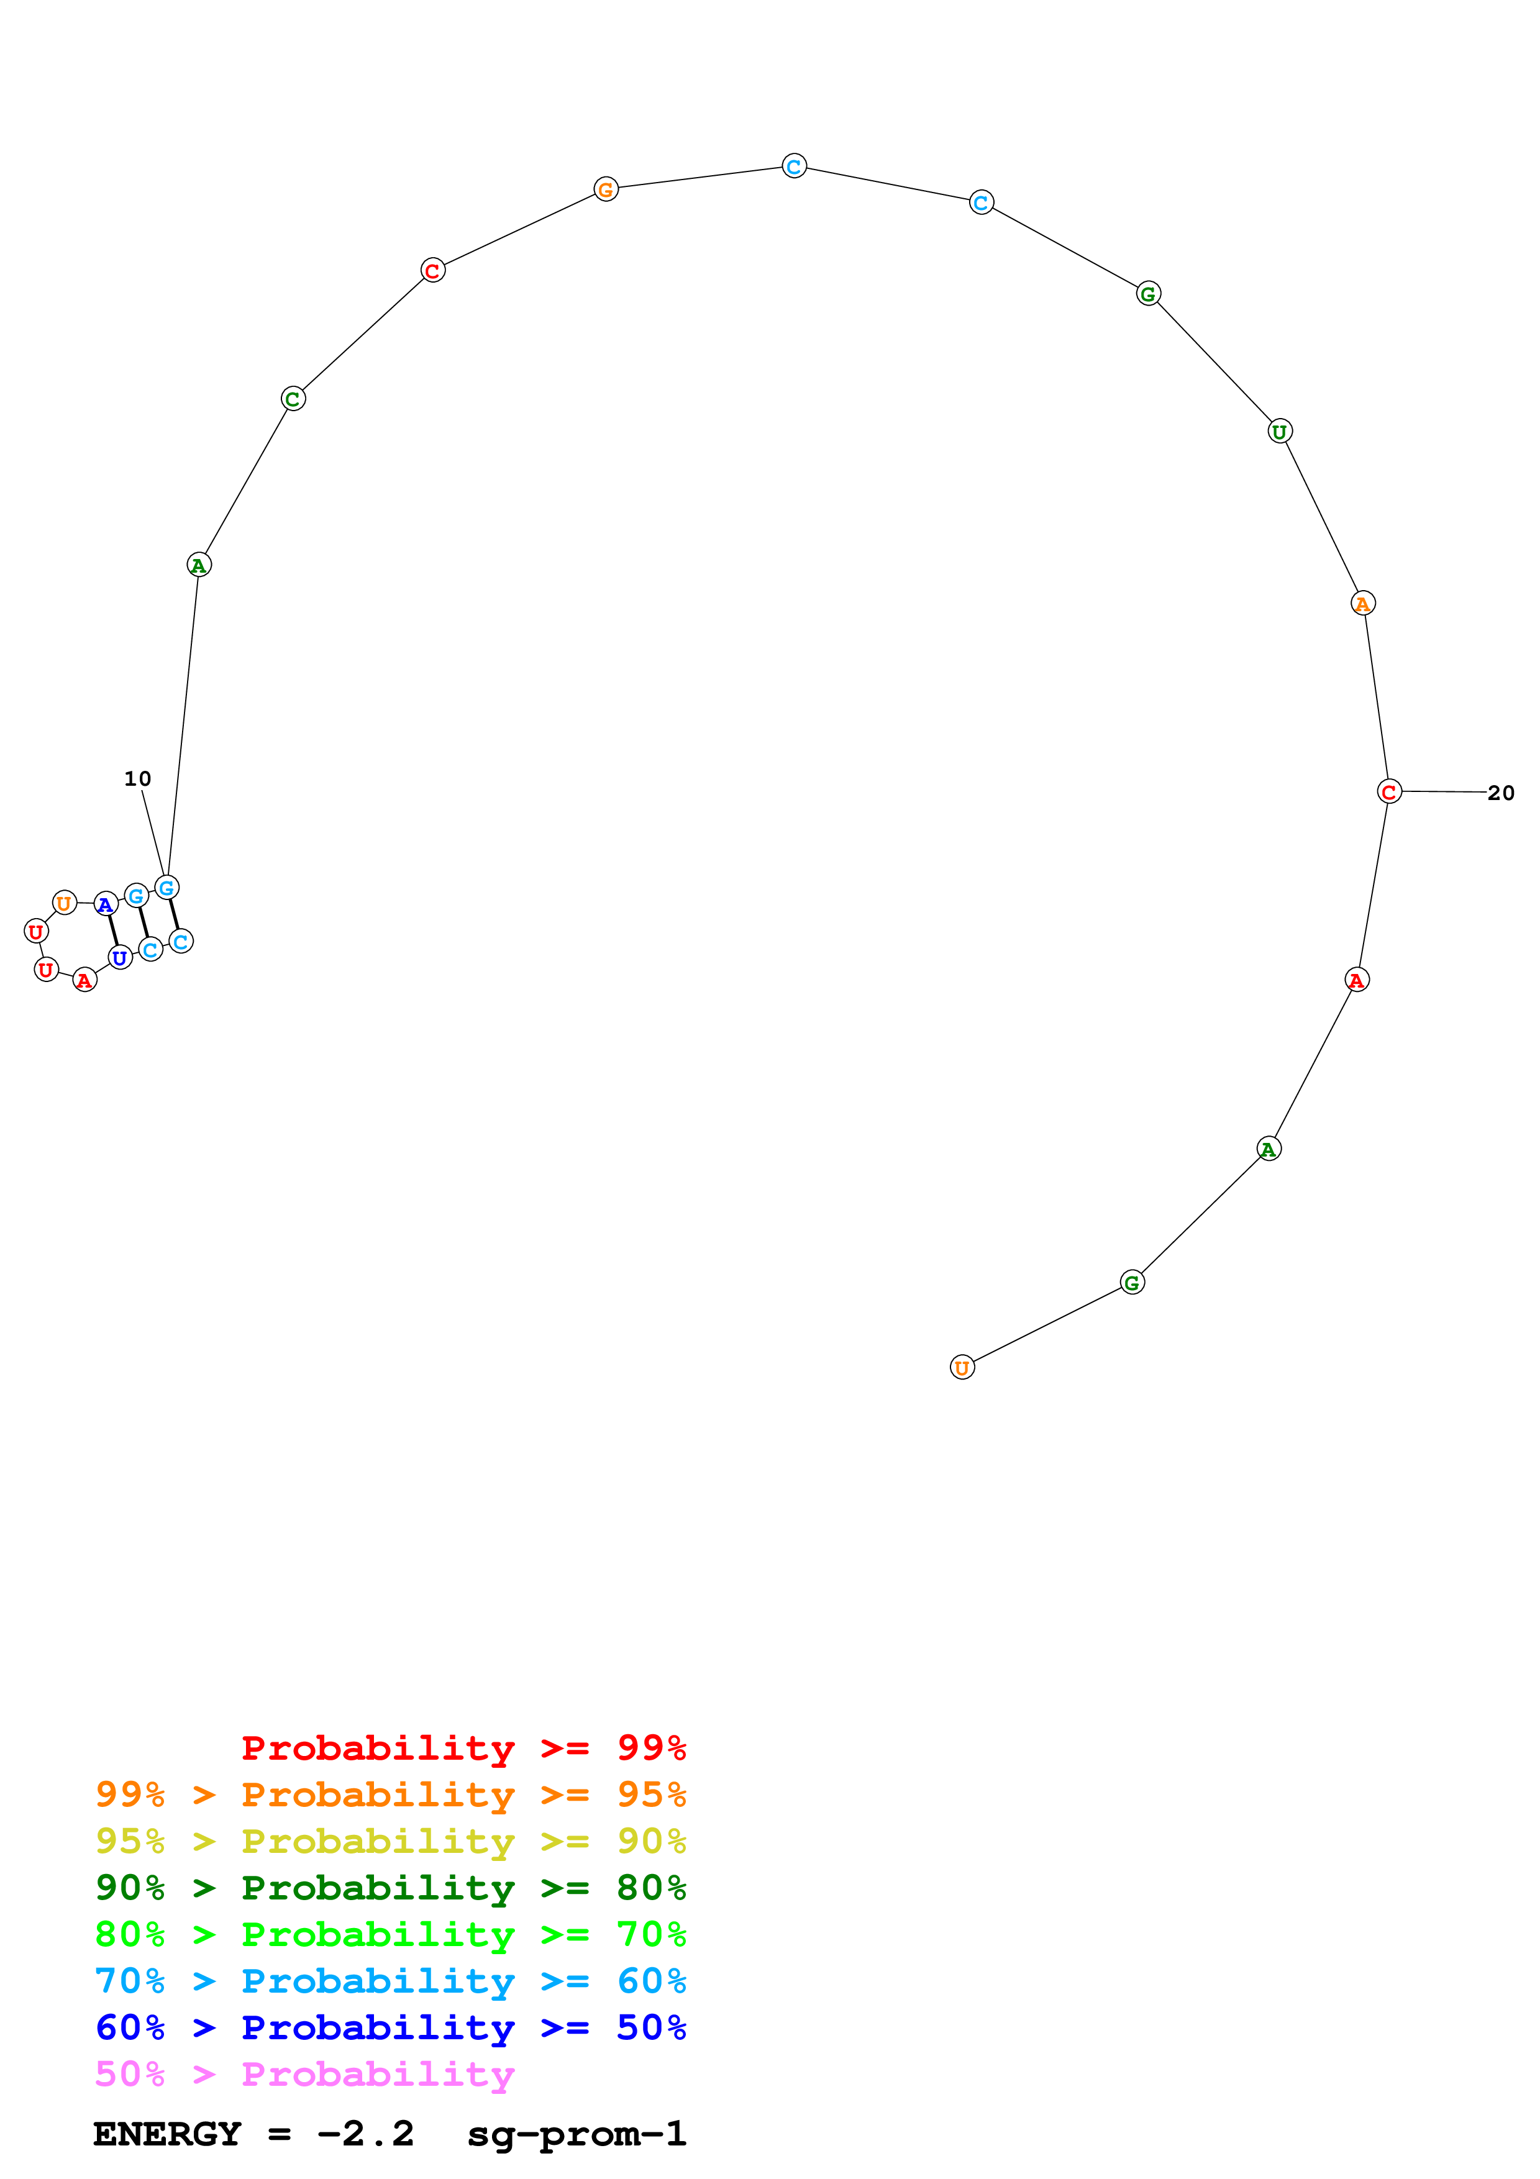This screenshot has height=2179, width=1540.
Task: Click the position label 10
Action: click(137, 779)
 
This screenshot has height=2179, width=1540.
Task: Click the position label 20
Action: click(1500, 793)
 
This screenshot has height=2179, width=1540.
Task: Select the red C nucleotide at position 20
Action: click(1388, 791)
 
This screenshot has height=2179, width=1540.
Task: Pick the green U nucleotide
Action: click(1279, 432)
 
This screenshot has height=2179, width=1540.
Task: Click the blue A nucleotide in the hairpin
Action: click(106, 904)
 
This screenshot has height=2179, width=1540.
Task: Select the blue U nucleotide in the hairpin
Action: click(119, 958)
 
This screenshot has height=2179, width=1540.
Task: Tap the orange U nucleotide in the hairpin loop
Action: click(63, 903)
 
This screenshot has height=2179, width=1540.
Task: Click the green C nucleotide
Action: click(293, 399)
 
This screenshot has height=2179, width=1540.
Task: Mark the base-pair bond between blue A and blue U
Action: click(113, 931)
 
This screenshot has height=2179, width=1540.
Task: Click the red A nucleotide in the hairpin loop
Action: click(84, 980)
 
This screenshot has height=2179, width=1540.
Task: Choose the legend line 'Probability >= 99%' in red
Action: click(463, 1748)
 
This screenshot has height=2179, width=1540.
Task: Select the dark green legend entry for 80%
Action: click(390, 1888)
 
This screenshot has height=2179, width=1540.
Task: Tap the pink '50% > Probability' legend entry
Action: click(304, 2075)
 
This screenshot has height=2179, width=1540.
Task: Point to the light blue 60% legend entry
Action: click(390, 1981)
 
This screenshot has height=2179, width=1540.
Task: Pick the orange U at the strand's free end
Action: click(962, 1368)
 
